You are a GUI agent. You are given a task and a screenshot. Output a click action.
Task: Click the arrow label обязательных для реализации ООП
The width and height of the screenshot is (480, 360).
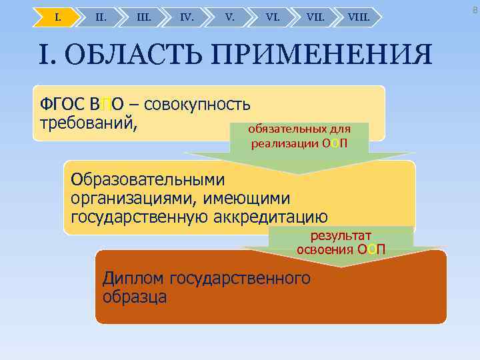click(299, 136)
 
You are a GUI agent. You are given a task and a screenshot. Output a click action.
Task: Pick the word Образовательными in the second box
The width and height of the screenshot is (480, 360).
click(148, 180)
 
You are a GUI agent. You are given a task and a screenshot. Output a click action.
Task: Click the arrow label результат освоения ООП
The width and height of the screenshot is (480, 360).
click(340, 242)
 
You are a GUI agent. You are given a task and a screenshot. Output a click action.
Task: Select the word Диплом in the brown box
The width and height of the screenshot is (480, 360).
click(135, 278)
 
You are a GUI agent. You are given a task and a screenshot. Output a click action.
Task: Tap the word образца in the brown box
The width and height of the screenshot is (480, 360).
click(135, 297)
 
